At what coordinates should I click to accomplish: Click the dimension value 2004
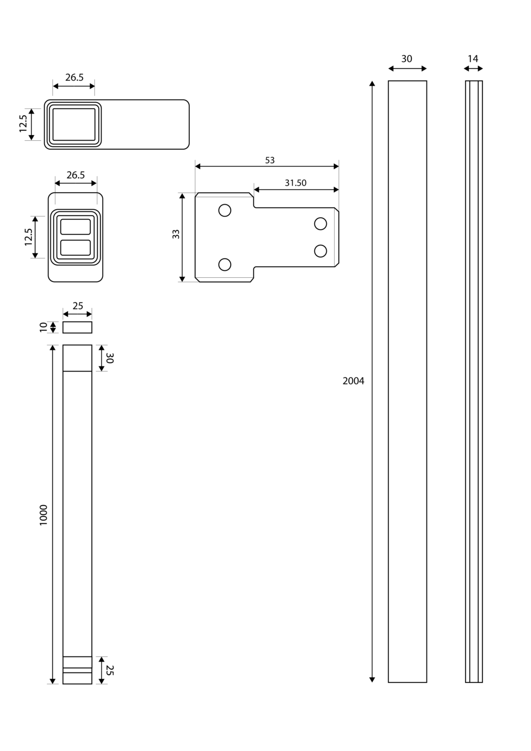click(353, 381)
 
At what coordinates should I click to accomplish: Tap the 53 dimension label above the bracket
click(270, 160)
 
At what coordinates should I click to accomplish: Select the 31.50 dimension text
click(295, 183)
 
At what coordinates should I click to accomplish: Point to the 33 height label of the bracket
click(176, 234)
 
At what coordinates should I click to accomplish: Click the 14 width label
click(473, 59)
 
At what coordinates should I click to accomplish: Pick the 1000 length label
click(44, 515)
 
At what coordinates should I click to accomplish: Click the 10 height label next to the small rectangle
click(44, 327)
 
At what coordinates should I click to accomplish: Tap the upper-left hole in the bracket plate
click(225, 210)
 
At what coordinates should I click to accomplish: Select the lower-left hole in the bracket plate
click(225, 264)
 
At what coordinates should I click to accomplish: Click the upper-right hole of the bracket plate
click(320, 223)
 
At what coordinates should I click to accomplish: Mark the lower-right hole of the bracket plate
click(320, 250)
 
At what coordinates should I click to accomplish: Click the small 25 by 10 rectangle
click(77, 327)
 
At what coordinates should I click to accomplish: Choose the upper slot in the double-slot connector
click(76, 227)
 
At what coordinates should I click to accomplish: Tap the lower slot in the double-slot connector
click(76, 248)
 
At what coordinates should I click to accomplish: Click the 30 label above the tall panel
click(407, 59)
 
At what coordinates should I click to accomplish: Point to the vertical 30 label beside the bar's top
click(110, 358)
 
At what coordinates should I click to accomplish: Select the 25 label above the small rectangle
click(78, 305)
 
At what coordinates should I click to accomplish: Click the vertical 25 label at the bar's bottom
click(110, 670)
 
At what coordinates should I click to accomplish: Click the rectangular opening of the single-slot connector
click(74, 124)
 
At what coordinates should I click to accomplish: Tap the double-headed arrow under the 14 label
click(473, 69)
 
